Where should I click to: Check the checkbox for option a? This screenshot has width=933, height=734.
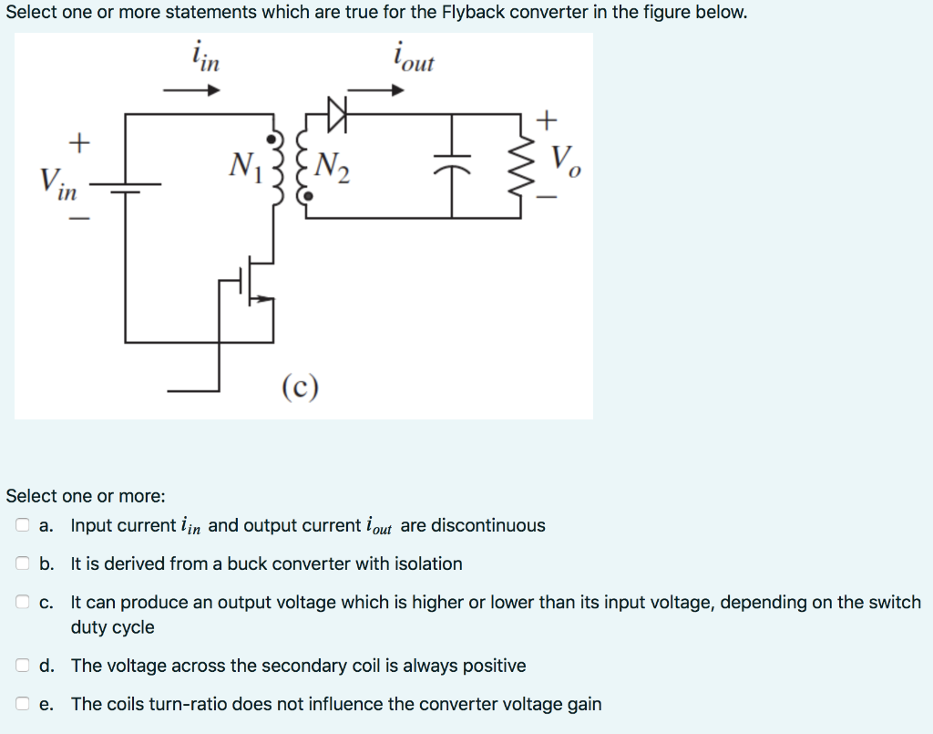tap(22, 525)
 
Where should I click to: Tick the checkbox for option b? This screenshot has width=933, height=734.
tap(22, 563)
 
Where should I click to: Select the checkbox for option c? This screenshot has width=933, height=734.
tap(22, 603)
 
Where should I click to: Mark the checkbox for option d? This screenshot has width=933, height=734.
tap(22, 666)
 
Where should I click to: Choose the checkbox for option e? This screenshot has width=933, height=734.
tap(22, 704)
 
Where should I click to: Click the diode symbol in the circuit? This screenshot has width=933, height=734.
tap(338, 114)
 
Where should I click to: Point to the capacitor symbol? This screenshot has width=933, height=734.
tap(453, 166)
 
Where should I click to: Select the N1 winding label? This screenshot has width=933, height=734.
tap(245, 166)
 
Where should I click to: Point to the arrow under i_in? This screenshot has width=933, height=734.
tap(192, 90)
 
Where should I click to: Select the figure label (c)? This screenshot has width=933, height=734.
tap(301, 388)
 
